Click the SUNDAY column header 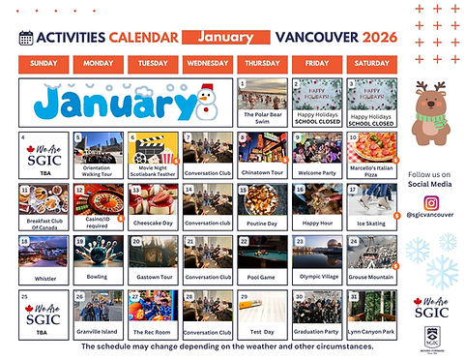[44, 65]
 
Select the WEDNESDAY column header [208, 65]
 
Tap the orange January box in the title [225, 38]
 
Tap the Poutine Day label [263, 224]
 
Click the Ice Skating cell [373, 207]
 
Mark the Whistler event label [44, 278]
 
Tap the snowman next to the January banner [203, 101]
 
